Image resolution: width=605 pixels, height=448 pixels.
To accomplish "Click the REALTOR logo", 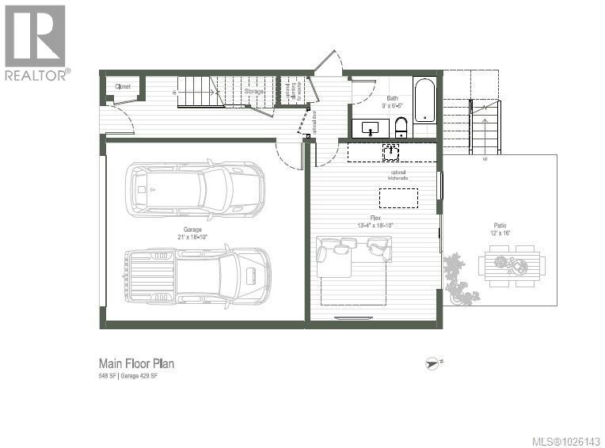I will pos(36,41).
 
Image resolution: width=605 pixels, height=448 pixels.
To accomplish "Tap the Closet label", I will pos(123,86).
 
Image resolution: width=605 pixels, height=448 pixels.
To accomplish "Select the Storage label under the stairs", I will pos(253,92).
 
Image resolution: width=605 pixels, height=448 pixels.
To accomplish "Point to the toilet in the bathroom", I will pos(401,127).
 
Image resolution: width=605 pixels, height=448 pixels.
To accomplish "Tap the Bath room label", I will pos(393,99).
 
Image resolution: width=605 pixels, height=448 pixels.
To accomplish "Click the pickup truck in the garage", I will pos(197,275).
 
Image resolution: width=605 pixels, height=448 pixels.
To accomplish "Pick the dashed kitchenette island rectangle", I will pos(398,198).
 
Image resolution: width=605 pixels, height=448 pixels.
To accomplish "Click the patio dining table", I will pos(511,265).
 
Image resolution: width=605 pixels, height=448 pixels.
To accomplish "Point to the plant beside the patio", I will pos(459,279).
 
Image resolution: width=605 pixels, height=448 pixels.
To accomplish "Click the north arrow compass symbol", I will pos(433,363).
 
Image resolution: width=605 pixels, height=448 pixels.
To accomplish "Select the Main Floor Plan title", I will pos(136,363).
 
